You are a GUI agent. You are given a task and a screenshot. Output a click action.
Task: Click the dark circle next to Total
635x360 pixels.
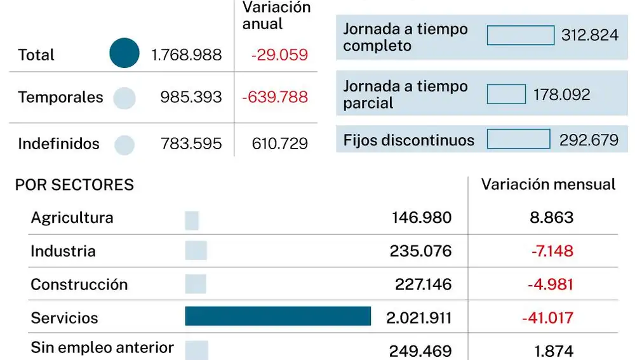(x=124, y=53)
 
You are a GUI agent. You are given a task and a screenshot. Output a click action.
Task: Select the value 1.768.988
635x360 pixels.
(x=187, y=55)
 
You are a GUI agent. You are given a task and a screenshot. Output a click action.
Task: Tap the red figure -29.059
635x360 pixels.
(x=279, y=55)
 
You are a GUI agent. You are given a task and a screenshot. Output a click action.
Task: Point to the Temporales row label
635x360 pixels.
(x=60, y=97)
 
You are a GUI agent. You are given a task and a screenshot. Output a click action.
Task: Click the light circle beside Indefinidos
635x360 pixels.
(x=124, y=145)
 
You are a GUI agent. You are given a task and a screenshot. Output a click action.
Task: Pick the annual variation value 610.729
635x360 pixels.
(x=279, y=144)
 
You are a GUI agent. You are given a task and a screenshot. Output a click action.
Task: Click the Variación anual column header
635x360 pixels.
(x=276, y=16)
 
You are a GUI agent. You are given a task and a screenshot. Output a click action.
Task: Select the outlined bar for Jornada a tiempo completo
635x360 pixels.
(x=520, y=35)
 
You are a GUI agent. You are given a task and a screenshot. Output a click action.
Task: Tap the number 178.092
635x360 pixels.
(x=561, y=95)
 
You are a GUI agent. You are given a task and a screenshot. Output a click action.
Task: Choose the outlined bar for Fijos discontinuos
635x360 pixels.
(x=518, y=139)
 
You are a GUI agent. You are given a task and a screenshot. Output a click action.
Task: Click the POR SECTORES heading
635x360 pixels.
(x=74, y=185)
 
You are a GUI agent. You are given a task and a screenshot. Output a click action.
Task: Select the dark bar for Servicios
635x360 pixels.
(x=277, y=316)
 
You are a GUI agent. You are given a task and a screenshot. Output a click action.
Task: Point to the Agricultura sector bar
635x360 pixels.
(x=192, y=220)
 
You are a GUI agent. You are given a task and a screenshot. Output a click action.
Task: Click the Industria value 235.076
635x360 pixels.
(x=420, y=251)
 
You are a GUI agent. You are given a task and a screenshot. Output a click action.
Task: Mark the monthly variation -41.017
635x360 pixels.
(x=547, y=318)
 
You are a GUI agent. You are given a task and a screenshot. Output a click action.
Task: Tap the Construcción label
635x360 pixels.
(x=79, y=284)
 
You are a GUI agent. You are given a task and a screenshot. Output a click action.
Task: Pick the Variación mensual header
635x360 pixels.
(x=548, y=185)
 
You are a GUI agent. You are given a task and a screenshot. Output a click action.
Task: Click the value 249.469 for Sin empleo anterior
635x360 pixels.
(x=420, y=350)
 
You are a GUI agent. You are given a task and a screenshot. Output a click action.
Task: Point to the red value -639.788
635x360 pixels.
(x=275, y=97)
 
